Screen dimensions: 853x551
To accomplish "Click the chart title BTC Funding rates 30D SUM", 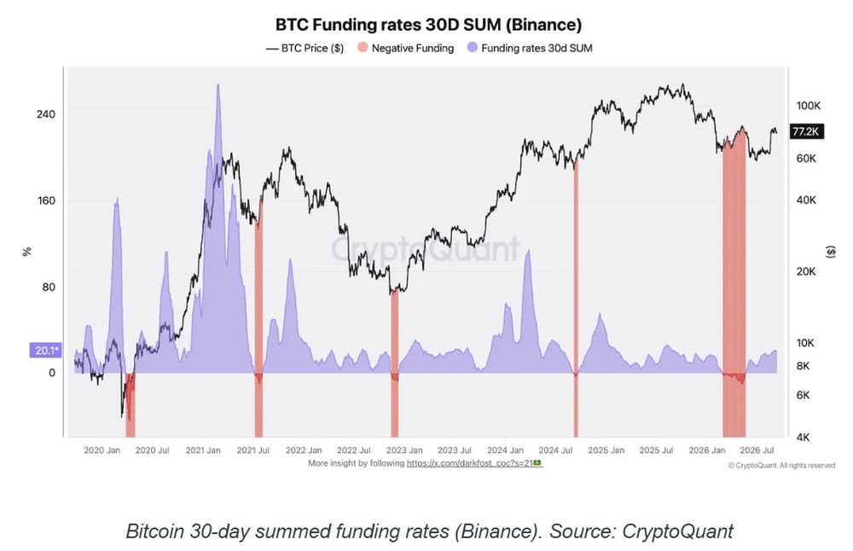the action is pyautogui.click(x=428, y=25).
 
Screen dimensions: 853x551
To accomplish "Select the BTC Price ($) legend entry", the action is pyautogui.click(x=305, y=49).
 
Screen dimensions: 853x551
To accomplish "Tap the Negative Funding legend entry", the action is pyautogui.click(x=405, y=49).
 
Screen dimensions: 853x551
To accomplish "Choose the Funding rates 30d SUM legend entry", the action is pyautogui.click(x=530, y=49).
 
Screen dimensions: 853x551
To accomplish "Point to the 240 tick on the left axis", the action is pyautogui.click(x=46, y=114).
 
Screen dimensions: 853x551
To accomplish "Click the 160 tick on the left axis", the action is pyautogui.click(x=46, y=200).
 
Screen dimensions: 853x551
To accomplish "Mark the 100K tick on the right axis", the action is pyautogui.click(x=809, y=106).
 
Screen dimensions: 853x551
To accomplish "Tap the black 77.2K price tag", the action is pyautogui.click(x=806, y=131).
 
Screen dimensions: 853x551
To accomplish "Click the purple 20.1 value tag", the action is pyautogui.click(x=45, y=351).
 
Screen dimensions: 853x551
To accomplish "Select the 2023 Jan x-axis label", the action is pyautogui.click(x=404, y=450).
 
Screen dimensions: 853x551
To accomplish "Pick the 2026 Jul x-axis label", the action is pyautogui.click(x=757, y=450).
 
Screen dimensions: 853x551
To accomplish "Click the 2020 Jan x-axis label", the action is pyautogui.click(x=102, y=450).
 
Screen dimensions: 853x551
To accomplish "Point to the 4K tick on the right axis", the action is pyautogui.click(x=803, y=437).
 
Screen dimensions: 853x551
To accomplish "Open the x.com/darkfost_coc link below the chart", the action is pyautogui.click(x=474, y=463).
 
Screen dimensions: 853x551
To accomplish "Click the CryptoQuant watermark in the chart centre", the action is pyautogui.click(x=426, y=249).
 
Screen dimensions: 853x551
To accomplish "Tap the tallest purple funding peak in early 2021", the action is pyautogui.click(x=218, y=85).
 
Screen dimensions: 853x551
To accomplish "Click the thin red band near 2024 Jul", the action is pyautogui.click(x=576, y=297).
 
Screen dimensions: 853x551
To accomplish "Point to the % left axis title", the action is pyautogui.click(x=26, y=252).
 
